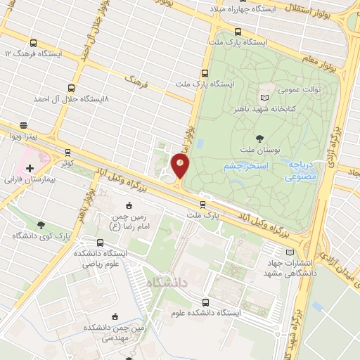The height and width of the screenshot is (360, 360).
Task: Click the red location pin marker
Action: [181, 167]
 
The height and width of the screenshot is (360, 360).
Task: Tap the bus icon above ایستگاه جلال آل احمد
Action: [71, 89]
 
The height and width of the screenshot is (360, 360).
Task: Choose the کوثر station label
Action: [67, 162]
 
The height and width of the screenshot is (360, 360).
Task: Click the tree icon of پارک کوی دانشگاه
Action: [41, 225]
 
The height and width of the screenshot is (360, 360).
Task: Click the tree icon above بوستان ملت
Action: [260, 138]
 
